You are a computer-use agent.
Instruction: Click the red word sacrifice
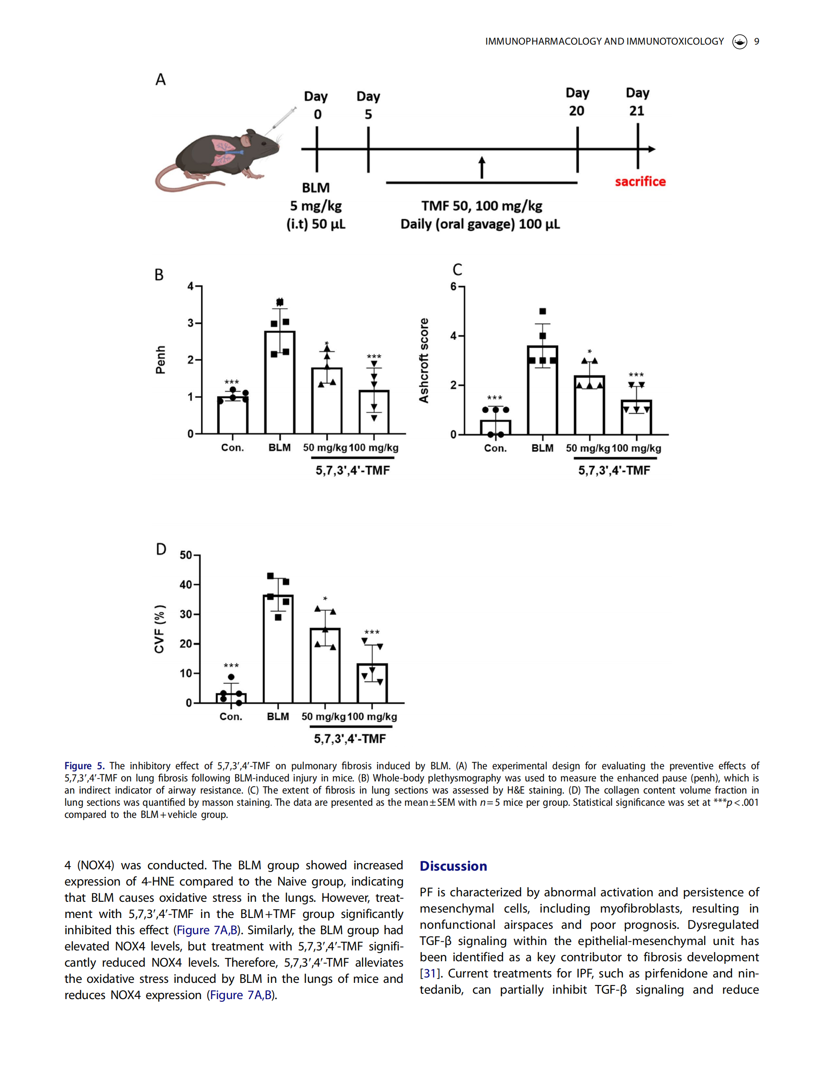click(x=640, y=182)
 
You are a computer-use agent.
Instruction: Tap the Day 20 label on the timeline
click(x=577, y=101)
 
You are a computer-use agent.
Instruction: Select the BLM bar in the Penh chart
click(x=279, y=382)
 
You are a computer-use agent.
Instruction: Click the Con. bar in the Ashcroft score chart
click(x=495, y=427)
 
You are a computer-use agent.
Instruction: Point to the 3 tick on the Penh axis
click(x=191, y=323)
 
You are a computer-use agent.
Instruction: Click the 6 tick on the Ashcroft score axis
click(x=453, y=287)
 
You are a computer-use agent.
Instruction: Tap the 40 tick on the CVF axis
click(x=186, y=584)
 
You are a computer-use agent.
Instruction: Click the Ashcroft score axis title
click(x=424, y=361)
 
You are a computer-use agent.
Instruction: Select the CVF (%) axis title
click(x=160, y=629)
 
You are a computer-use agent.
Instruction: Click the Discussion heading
click(x=453, y=866)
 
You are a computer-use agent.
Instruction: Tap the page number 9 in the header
click(x=756, y=41)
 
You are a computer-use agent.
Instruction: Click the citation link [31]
click(x=429, y=973)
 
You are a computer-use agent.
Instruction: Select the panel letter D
click(x=161, y=549)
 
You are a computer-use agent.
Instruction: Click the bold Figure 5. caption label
click(x=84, y=766)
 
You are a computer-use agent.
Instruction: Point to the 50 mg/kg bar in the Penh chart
click(x=327, y=401)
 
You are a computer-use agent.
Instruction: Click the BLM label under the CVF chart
click(x=278, y=717)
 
